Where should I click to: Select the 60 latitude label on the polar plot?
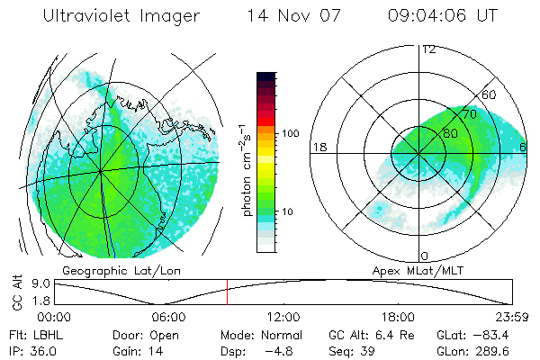point(490,94)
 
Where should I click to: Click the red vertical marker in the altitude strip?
point(227,292)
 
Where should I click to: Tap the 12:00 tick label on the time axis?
point(283,317)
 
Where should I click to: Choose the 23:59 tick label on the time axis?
point(511,317)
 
